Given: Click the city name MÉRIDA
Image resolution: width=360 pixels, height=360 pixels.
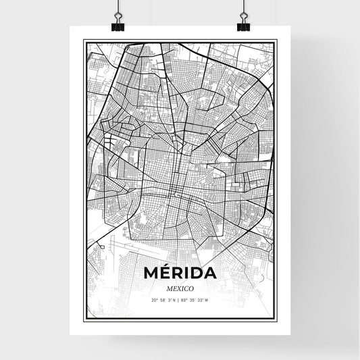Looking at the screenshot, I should point(180,274).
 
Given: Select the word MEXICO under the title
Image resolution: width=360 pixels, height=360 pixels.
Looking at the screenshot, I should point(180,288).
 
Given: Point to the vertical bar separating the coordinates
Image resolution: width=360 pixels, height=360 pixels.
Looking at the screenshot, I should point(180,300).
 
